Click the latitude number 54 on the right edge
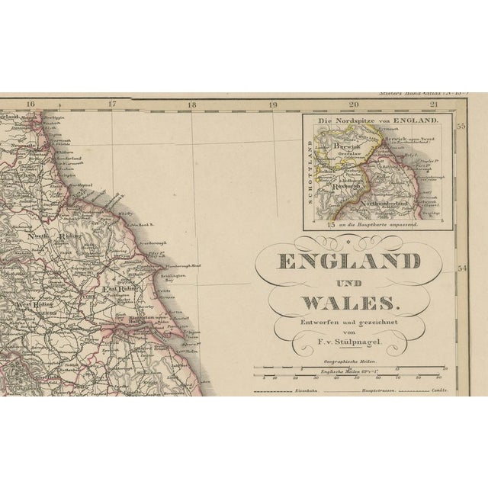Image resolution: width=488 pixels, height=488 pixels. tap(461, 268)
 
